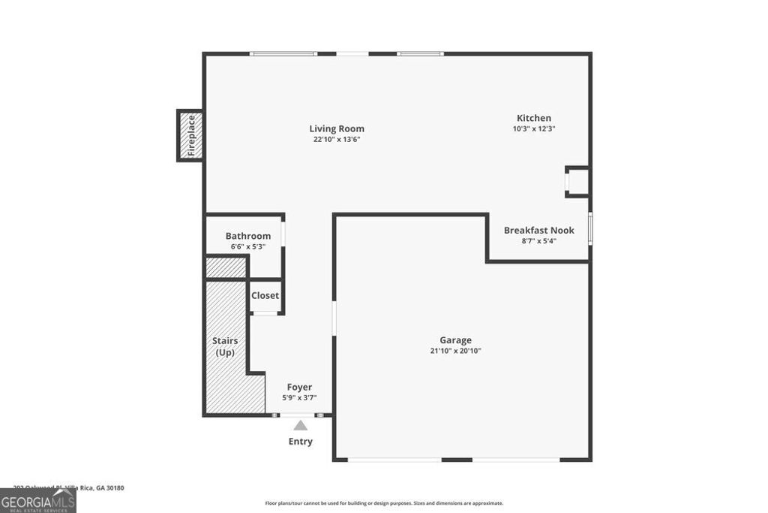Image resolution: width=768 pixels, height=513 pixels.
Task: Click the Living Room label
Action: point(337,128)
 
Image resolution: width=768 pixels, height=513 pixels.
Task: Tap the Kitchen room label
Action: point(534,118)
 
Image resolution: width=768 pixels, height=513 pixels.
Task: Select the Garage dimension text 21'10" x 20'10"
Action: point(455,351)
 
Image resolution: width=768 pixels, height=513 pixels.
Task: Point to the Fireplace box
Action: point(190,135)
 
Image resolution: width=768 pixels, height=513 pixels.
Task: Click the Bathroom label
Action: point(247,236)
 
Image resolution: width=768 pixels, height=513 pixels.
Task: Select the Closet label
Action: point(265,295)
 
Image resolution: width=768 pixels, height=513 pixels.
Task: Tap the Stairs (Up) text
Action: point(225,346)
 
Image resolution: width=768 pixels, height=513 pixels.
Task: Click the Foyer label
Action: point(299,387)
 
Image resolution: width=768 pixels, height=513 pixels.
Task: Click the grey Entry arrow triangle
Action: point(300,426)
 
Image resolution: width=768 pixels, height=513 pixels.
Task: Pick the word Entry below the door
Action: point(300,442)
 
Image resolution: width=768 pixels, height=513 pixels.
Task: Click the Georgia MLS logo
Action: point(37,501)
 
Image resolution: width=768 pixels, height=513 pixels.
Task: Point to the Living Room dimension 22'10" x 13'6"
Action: point(337,140)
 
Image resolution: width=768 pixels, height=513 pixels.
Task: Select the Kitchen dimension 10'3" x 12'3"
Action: point(534,129)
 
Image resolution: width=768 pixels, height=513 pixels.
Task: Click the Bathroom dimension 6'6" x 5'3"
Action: point(247,247)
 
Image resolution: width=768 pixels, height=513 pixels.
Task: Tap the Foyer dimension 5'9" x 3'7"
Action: point(299,398)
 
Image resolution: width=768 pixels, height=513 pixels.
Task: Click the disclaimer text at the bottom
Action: point(383,503)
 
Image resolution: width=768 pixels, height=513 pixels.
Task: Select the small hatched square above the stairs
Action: point(226,267)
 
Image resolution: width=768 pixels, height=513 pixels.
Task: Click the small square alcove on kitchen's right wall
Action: point(577,182)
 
